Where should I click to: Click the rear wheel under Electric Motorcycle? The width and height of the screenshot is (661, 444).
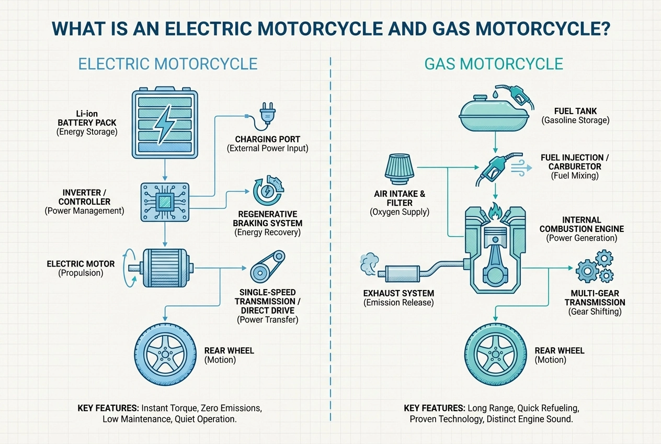coord(166,348)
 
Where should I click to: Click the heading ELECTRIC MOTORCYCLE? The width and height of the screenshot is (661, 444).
coord(168,64)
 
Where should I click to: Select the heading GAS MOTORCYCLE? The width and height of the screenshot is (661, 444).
coord(494,64)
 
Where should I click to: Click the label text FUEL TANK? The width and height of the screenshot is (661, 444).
coord(575,111)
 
